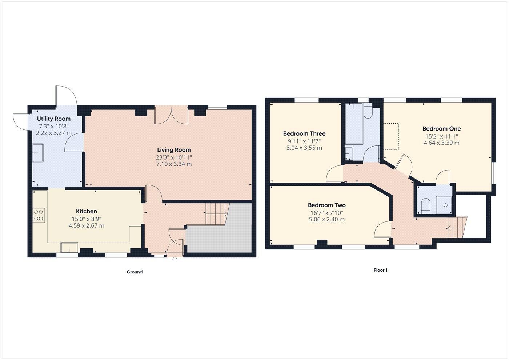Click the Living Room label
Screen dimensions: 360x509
(x=174, y=150)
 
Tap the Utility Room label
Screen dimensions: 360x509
(x=54, y=119)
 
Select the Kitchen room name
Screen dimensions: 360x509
(x=86, y=211)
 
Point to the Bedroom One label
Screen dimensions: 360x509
(x=441, y=129)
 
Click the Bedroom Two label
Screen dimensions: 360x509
(x=326, y=205)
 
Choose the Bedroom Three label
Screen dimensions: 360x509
(x=304, y=133)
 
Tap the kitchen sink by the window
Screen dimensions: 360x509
(x=69, y=247)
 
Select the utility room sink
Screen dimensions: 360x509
(x=38, y=153)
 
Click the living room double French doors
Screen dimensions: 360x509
(x=171, y=115)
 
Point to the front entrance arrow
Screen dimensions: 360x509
(x=175, y=259)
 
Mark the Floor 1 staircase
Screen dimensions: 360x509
(x=457, y=227)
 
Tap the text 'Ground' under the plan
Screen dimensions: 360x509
(x=135, y=272)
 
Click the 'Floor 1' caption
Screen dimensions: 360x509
(x=381, y=270)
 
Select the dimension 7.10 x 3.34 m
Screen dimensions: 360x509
(x=174, y=164)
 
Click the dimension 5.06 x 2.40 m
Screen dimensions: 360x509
(x=326, y=219)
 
